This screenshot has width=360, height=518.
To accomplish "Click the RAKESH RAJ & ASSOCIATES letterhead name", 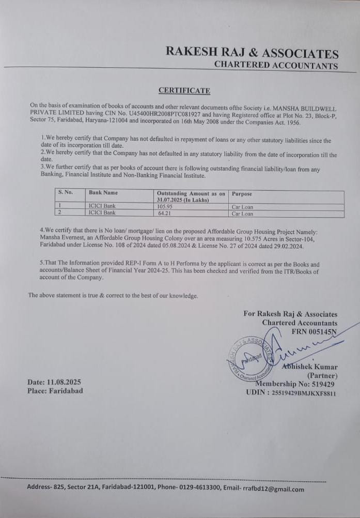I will coord(252,53).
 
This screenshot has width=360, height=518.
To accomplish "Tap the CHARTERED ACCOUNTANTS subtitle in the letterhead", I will coord(276,65).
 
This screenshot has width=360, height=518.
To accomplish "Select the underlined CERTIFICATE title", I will coord(184,90).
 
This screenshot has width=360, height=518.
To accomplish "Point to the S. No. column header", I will coord(66,192).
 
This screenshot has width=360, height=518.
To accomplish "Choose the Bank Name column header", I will coord(103,192).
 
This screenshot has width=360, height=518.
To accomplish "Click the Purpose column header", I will coord(242,194).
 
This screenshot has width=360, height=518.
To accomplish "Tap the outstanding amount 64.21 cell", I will coord(164,213).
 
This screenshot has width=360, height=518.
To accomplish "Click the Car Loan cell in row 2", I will coord(242,213).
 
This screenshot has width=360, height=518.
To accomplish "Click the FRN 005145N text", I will coord(314,331).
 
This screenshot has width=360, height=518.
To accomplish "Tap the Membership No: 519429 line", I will coord(295,384).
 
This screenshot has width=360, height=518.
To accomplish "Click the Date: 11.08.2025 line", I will coord(54,382).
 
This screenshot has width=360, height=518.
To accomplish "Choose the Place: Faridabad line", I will coord(55,391).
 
